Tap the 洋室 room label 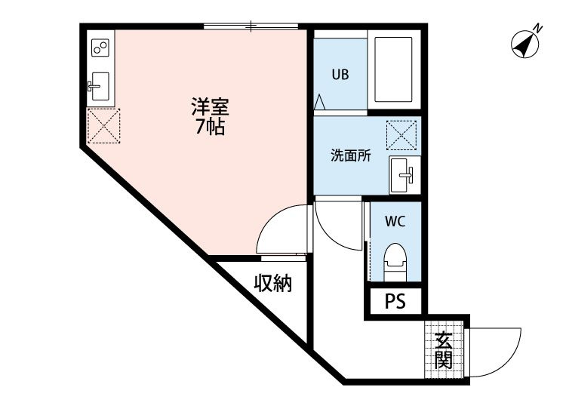(x=209, y=108)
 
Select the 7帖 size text (x=209, y=127)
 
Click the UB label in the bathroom (x=340, y=75)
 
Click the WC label (x=395, y=222)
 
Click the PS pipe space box (x=395, y=301)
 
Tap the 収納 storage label (x=272, y=284)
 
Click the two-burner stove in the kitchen (x=100, y=48)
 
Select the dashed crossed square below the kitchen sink (x=103, y=125)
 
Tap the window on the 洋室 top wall (x=253, y=26)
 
